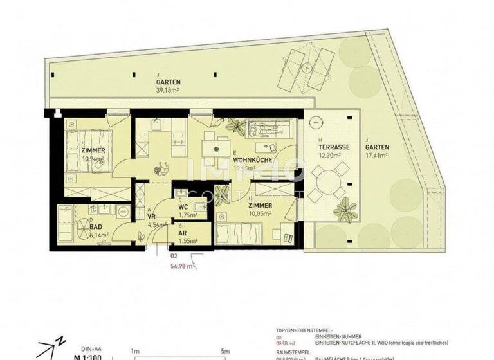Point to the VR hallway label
coord(152,217)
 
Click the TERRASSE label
coord(334,147)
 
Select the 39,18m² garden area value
coord(168,91)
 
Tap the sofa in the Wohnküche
coord(265,130)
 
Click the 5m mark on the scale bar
coord(224,352)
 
